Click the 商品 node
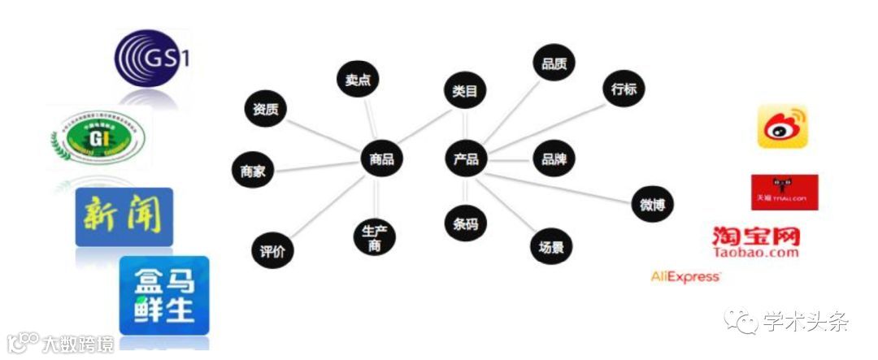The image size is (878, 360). point(381,158)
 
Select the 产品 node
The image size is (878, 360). point(466,158)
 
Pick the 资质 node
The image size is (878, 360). point(265,109)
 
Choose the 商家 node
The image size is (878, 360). point(253,171)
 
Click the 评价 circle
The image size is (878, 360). point(272,251)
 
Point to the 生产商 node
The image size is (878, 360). point(374,239)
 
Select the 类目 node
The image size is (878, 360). point(465,92)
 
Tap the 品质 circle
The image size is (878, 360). point(554,63)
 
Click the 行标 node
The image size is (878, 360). point(624,90)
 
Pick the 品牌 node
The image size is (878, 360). point(554,158)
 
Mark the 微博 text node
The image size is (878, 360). point(652,205)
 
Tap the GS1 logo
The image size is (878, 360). point(154,59)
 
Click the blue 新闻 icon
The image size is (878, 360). point(124,217)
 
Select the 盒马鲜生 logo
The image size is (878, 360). point(164,295)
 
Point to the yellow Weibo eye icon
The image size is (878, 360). point(782,127)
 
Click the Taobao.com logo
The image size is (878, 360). point(755,241)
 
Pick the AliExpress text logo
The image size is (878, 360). point(685,277)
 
